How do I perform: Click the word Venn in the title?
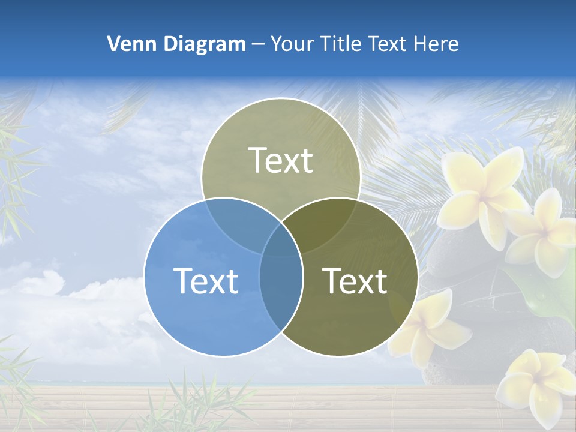(128, 44)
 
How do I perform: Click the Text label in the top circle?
(281, 160)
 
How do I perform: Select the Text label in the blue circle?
(206, 280)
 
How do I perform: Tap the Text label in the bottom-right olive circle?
(355, 280)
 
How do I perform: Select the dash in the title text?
(258, 44)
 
